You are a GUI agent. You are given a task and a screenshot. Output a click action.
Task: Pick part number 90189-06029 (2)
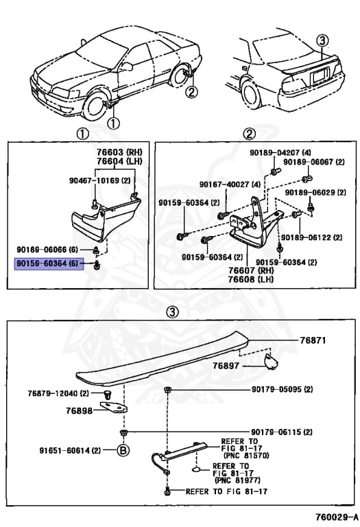click(316, 193)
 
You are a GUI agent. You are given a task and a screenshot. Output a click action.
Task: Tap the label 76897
click(226, 366)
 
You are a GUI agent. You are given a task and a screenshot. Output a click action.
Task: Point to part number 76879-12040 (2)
click(58, 393)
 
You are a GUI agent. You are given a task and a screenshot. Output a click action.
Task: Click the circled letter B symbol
click(123, 451)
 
